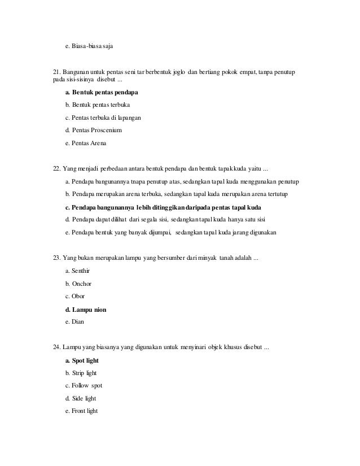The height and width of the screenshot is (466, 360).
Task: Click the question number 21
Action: [x=56, y=73]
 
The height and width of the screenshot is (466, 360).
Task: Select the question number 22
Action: [x=56, y=169]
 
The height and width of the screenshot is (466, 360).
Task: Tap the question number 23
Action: [x=56, y=258]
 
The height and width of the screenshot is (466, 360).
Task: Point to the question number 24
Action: [x=56, y=347]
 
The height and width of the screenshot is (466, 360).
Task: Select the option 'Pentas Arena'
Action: [x=86, y=143]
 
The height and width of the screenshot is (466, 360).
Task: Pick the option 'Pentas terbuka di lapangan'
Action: [x=103, y=117]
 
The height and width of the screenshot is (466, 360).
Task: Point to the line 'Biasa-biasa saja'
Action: [x=89, y=44]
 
